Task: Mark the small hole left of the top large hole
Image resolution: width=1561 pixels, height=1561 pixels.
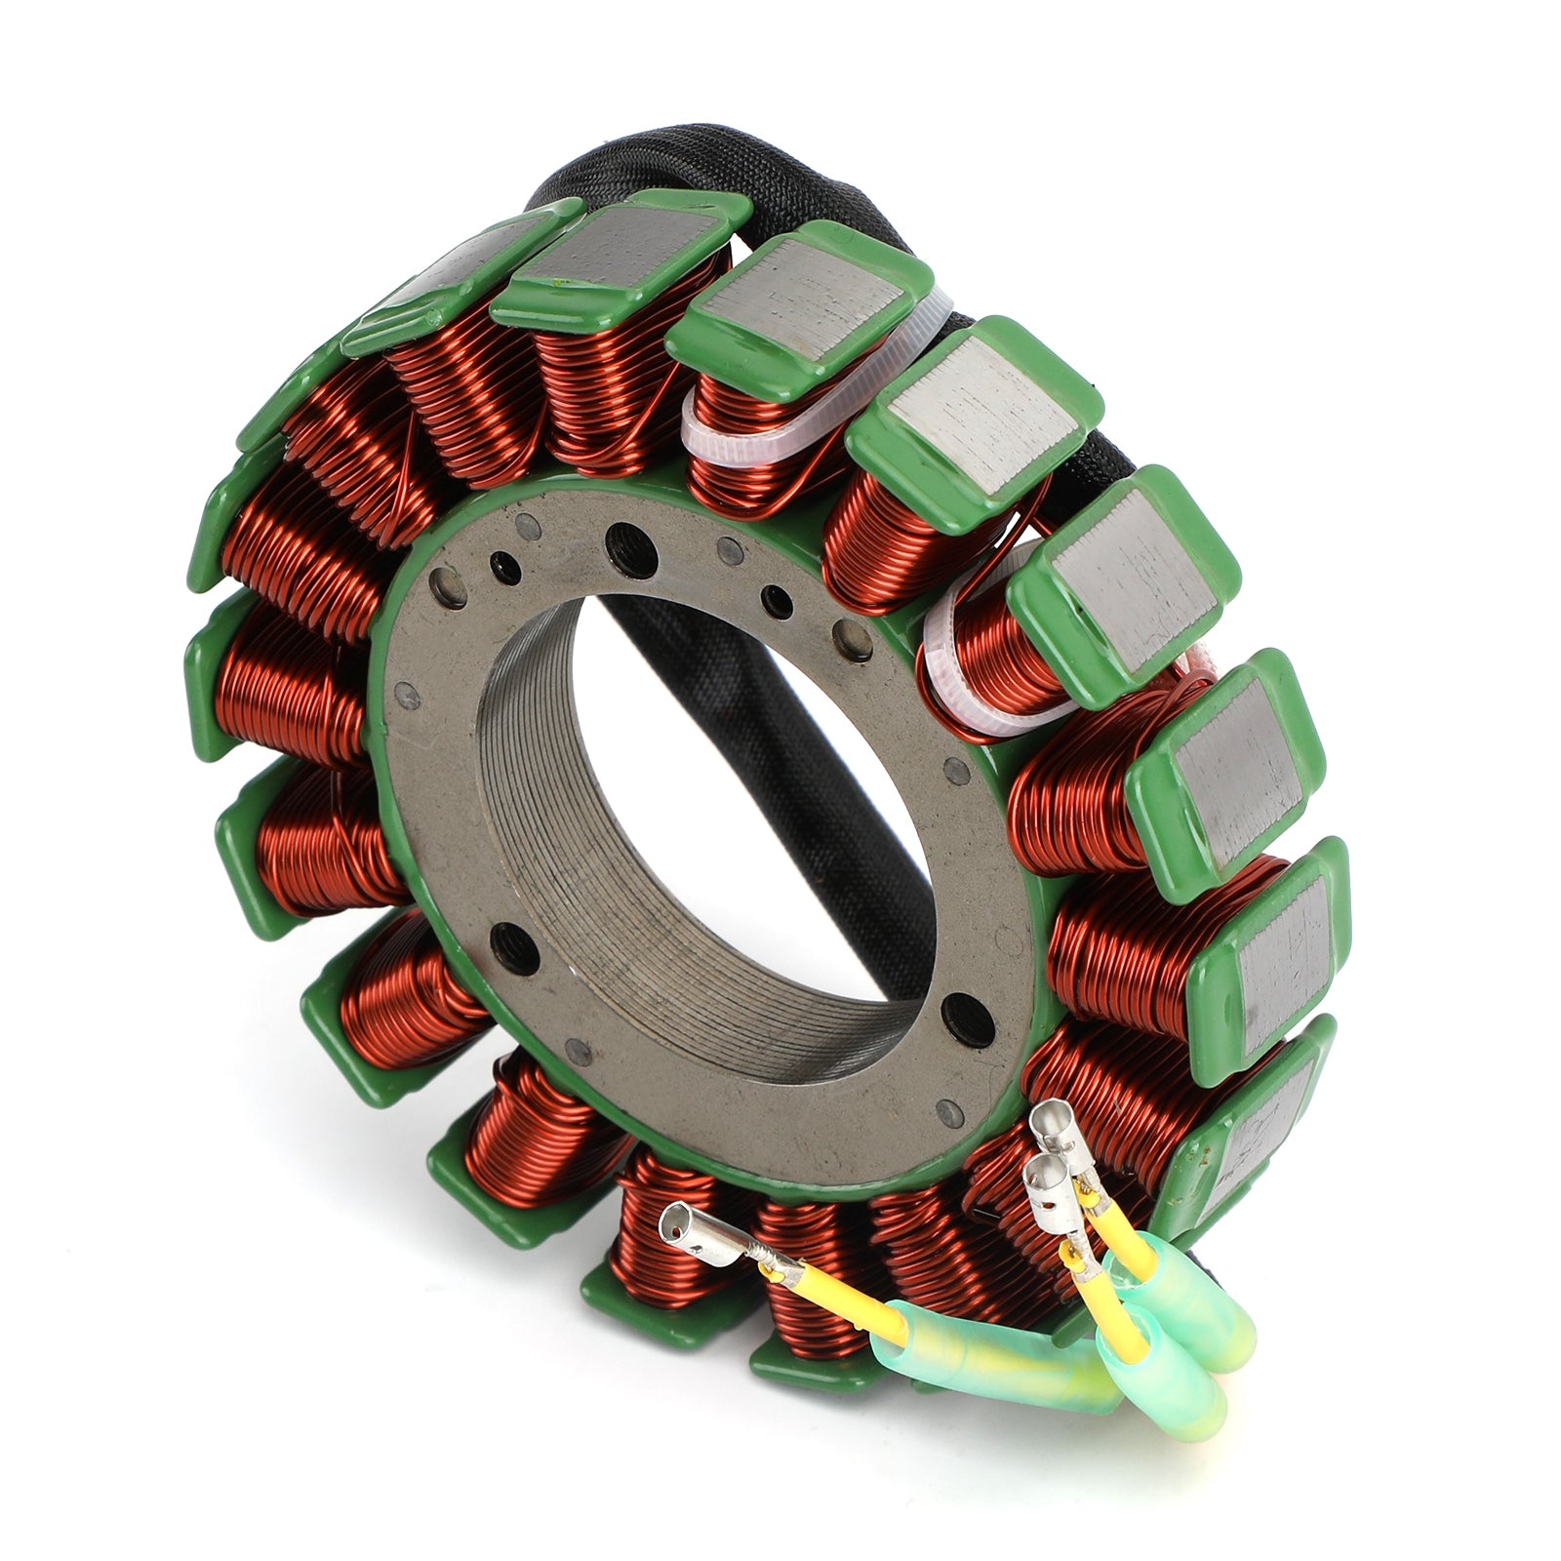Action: tap(504, 563)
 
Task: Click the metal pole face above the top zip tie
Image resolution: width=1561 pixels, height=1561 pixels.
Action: tap(800, 293)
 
